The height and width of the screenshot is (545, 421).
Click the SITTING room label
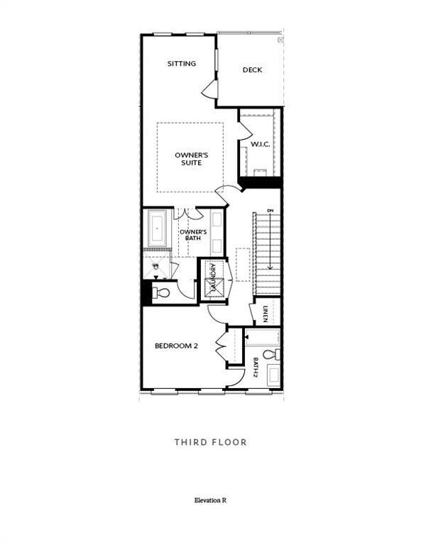pos(182,64)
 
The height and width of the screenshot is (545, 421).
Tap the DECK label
pos(252,70)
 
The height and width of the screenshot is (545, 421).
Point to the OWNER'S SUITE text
pos(188,158)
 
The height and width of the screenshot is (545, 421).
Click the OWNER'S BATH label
pos(193,236)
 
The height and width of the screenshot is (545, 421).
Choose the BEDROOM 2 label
pos(176,346)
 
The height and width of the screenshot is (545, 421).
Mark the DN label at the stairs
pos(270,211)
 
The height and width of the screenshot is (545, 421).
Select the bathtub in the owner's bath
pos(157,229)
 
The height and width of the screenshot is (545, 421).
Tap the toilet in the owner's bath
pos(162,292)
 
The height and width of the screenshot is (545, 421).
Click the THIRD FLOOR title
pos(211,442)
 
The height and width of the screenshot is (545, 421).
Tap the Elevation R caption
pos(210,500)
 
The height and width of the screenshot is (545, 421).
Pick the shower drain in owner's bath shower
pos(156,265)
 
